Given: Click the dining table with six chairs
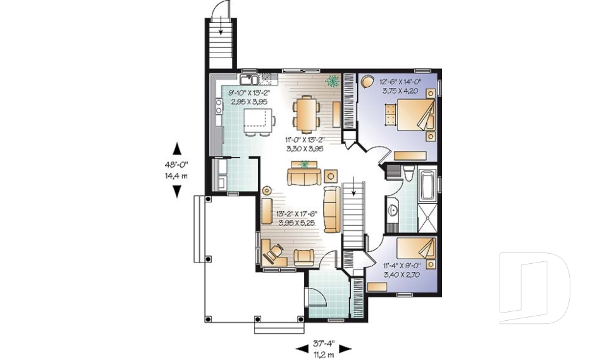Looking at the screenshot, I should tap(306, 113).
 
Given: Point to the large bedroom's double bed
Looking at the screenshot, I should tap(410, 115).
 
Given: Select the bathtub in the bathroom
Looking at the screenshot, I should tap(429, 183).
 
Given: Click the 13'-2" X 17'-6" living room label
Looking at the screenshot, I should tap(295, 218).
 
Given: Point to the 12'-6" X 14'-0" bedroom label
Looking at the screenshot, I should tap(399, 85).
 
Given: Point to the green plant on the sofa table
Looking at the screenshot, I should tap(306, 164).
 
